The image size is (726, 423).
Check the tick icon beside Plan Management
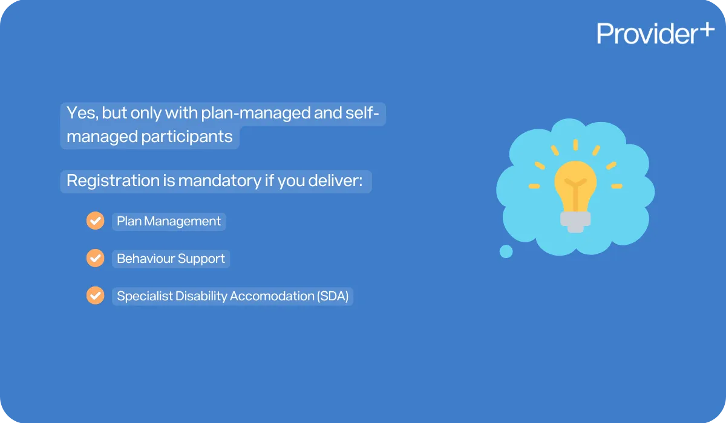[x=95, y=221]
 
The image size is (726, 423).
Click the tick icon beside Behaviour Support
[x=95, y=259]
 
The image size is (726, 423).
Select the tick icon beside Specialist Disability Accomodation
[x=95, y=296]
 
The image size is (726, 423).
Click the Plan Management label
[x=169, y=221]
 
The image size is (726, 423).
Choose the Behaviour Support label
[x=171, y=259]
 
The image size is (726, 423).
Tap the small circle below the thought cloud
[x=506, y=251]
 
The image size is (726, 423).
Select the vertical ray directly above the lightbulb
[x=575, y=145]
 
